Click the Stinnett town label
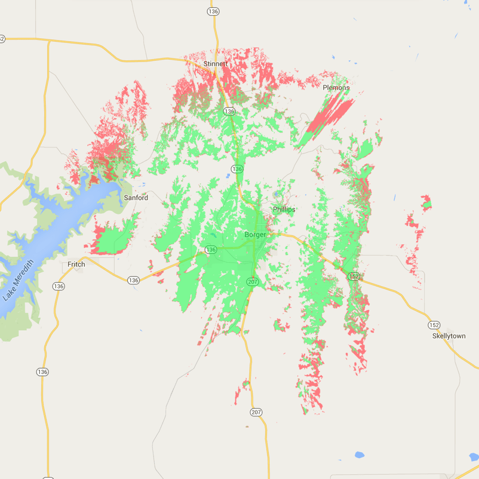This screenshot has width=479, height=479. coord(215,63)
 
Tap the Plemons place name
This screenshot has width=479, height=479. coord(336,88)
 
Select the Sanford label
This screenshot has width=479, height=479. coord(136,197)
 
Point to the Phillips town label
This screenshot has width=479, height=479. coord(284,210)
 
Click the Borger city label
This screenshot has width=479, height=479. coord(255,235)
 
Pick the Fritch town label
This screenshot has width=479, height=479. coord(76,264)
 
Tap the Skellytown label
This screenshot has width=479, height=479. coord(449,336)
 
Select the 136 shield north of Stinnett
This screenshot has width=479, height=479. coord(213,11)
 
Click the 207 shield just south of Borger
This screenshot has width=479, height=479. coord(253,281)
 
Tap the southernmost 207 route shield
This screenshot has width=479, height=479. coord(256,412)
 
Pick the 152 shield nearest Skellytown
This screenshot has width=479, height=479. coord(434,325)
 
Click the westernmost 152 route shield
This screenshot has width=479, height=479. coord(355,276)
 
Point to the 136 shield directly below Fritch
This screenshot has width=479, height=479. coord(58,287)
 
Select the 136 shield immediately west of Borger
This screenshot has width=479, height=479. coord(211,250)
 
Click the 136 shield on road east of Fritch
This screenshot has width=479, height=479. coord(133,280)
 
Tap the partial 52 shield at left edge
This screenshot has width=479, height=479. coord(2,39)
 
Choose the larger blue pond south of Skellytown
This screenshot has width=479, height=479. coord(359,455)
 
